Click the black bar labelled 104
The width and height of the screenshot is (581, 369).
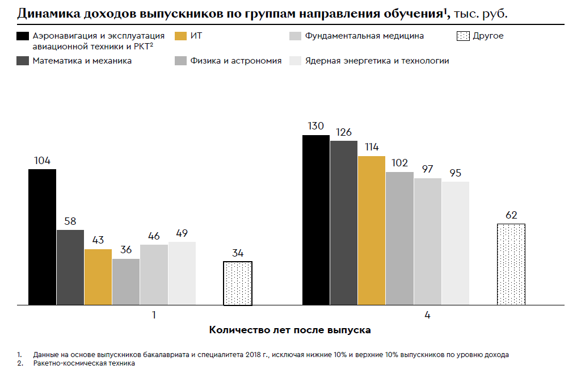[x=42, y=237]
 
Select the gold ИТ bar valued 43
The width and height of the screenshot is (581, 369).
[x=98, y=277]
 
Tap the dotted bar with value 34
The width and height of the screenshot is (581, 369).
[x=237, y=283]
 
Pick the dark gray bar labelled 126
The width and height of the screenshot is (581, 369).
[x=344, y=223]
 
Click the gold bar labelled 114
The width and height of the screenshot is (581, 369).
[x=372, y=230]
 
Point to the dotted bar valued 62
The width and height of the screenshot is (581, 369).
[x=511, y=265]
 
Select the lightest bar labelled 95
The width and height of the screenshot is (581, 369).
[x=456, y=244]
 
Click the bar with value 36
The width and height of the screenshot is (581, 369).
[x=126, y=282]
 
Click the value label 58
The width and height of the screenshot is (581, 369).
[x=70, y=221]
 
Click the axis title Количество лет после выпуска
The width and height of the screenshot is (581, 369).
[x=290, y=329]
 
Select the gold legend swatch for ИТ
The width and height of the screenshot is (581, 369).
[x=181, y=36]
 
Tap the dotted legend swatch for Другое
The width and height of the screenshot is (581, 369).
[x=463, y=36]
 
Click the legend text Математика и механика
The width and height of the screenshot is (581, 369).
[x=82, y=61]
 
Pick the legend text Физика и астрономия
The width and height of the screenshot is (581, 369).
[x=237, y=61]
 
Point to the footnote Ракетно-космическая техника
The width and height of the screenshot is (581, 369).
[x=84, y=363]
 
